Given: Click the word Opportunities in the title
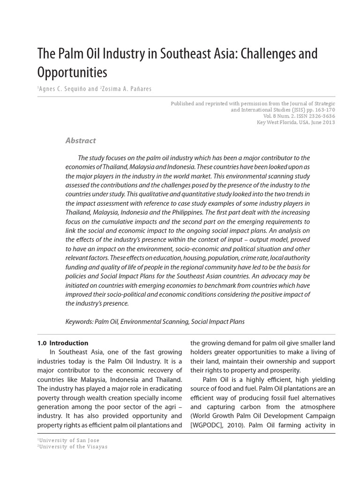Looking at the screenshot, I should [72, 73].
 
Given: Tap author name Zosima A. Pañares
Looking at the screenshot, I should [127, 90].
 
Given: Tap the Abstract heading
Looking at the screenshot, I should [80, 140].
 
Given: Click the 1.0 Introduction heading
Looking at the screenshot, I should [63, 343].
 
